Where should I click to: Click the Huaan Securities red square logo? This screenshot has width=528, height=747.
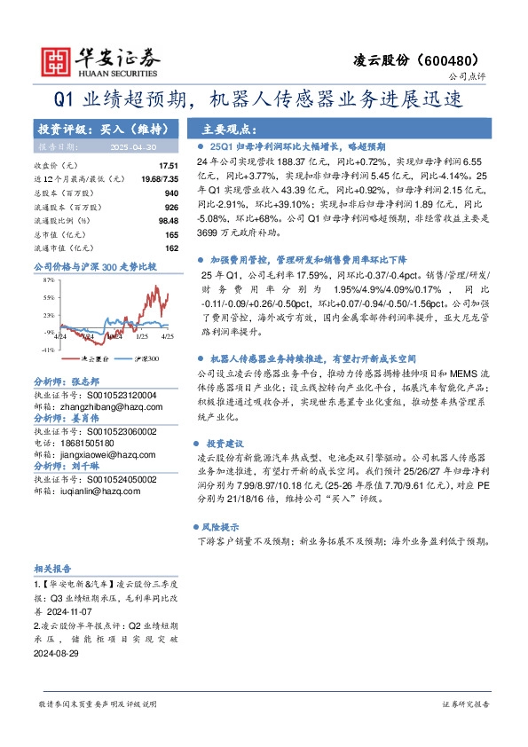pyautogui.click(x=57, y=59)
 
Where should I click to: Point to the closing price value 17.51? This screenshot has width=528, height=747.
pyautogui.click(x=169, y=166)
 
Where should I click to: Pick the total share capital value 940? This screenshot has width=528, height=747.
pyautogui.click(x=171, y=192)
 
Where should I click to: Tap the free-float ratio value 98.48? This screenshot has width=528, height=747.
pyautogui.click(x=169, y=220)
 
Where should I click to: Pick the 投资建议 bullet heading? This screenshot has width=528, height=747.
pyautogui.click(x=226, y=442)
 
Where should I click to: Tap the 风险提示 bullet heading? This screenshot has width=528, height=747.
pyautogui.click(x=226, y=526)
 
